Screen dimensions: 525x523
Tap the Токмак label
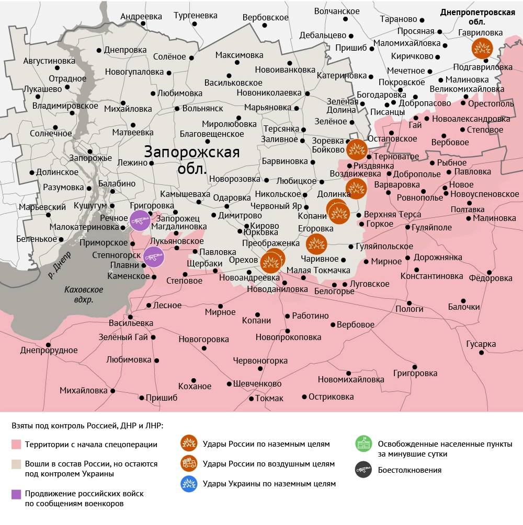tap(269, 398)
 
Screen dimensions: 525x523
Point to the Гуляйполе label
tap(431, 228)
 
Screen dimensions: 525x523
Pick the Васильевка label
tap(131, 323)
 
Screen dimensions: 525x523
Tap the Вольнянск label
tap(202, 109)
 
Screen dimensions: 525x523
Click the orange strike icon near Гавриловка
tap(482, 49)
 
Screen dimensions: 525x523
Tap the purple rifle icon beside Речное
tap(140, 220)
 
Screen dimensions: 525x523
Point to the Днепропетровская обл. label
tap(477, 17)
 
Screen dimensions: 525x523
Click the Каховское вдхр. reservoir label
tap(84, 295)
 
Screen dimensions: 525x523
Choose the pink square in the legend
tap(16, 445)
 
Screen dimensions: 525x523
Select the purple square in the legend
tap(16, 494)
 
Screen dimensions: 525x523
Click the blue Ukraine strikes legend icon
tap(189, 484)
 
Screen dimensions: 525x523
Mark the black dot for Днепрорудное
tap(48, 345)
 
